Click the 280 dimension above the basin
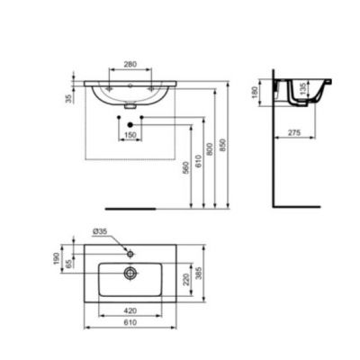pyautogui.click(x=130, y=64)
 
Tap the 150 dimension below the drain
pyautogui.click(x=130, y=135)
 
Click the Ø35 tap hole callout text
pyautogui.click(x=101, y=231)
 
